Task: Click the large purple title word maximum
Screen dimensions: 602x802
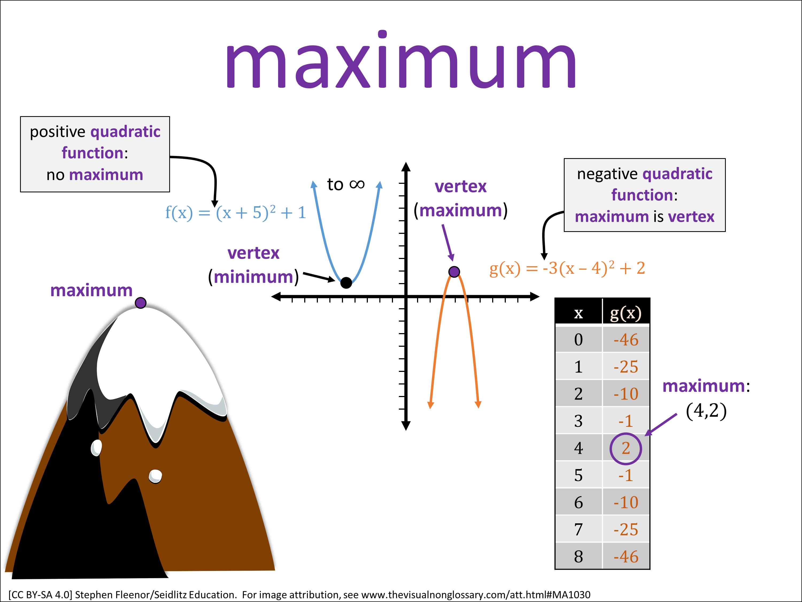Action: [401, 62]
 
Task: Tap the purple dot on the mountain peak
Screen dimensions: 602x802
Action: [141, 303]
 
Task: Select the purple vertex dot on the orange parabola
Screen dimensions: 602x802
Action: [454, 271]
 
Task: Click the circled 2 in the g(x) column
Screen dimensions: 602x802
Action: [626, 448]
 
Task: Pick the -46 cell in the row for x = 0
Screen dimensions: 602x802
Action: [626, 340]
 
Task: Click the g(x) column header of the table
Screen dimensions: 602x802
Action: [626, 313]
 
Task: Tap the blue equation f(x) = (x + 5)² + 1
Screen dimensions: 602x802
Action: [236, 212]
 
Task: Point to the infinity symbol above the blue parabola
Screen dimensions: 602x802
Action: [357, 184]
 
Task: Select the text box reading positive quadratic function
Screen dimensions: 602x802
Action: [95, 154]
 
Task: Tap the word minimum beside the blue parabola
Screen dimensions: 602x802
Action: [253, 277]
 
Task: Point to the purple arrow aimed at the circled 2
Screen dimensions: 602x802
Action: [661, 425]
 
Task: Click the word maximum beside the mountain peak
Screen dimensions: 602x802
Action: [91, 290]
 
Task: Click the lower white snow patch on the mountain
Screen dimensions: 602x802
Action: [156, 476]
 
